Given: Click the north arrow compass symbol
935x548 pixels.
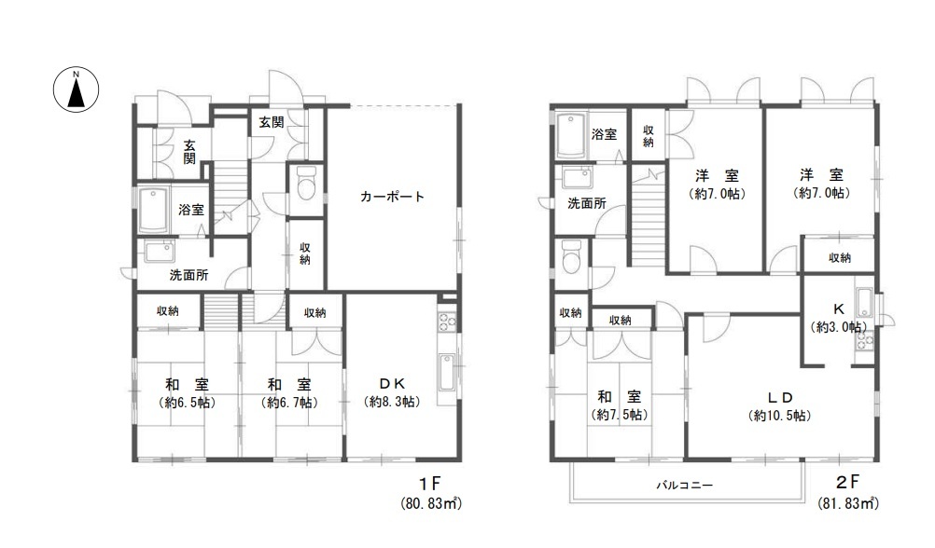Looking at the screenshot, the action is tap(77, 89).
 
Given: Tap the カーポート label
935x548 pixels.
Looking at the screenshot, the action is tap(392, 197).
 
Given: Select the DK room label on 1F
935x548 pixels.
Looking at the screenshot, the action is tap(392, 384).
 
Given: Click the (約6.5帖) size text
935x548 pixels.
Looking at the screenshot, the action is tap(188, 403).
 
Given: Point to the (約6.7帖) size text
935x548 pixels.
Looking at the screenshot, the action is tap(289, 403).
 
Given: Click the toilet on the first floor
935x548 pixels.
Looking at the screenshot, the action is tap(306, 183).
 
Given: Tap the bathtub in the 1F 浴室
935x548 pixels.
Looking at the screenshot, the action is tap(155, 211).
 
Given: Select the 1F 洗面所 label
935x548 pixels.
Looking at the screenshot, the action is tap(189, 275).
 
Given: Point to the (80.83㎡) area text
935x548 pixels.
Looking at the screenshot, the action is tap(431, 504).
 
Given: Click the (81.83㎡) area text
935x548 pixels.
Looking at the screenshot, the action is tap(848, 503).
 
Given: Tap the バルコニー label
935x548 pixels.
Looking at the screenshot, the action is tap(685, 485).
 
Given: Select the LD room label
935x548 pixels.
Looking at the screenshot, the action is tap(779, 397).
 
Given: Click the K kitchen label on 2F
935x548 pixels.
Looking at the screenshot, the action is tap(838, 309).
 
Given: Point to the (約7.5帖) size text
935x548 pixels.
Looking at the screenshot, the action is tap(620, 415).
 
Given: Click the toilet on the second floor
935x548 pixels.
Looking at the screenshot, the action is tap(571, 256).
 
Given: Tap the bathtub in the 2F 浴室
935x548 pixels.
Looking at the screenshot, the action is tap(572, 135).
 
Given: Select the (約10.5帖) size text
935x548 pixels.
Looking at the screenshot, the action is tap(779, 416).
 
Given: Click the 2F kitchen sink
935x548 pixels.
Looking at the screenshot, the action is tap(863, 303).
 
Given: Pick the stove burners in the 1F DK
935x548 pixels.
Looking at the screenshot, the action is tap(448, 322).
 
